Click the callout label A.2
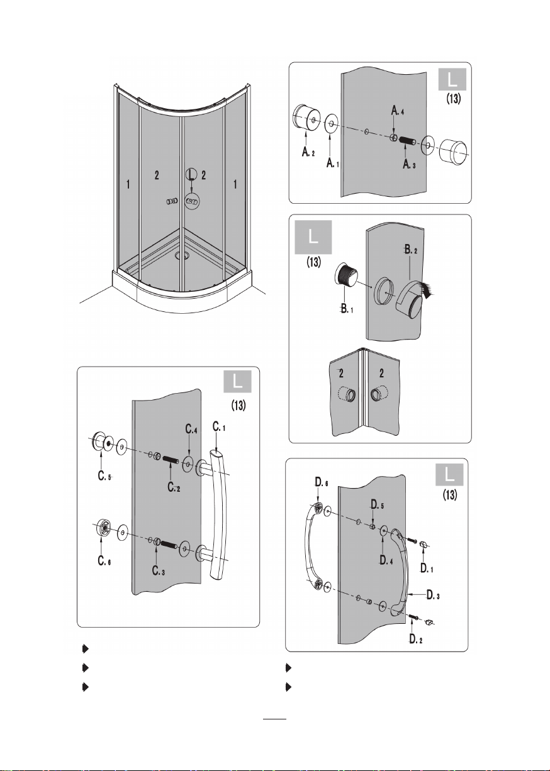[x=308, y=152]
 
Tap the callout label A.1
[x=333, y=163]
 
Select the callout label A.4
[x=398, y=111]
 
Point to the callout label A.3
[x=409, y=164]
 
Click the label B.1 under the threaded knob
[x=347, y=309]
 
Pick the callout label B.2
[x=411, y=250]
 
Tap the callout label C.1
[x=219, y=427]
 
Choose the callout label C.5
[x=104, y=476]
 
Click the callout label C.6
[x=104, y=561]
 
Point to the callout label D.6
[x=322, y=482]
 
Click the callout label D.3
[x=433, y=594]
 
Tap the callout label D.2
[x=416, y=639]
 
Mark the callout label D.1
[x=427, y=569]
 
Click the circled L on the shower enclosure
[x=191, y=174]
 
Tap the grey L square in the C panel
[x=237, y=382]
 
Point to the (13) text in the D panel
[x=450, y=496]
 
